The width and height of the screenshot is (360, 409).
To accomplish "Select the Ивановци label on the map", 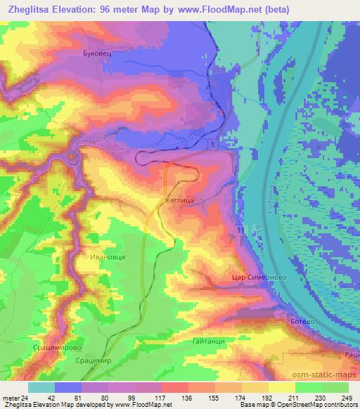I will [x=108, y=257].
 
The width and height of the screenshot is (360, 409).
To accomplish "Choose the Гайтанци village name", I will [x=207, y=341].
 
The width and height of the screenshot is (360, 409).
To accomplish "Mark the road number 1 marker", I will [x=212, y=143].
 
